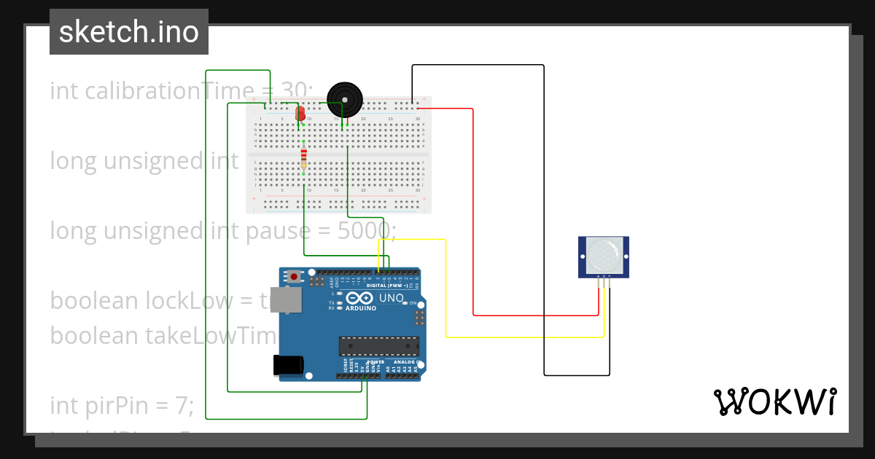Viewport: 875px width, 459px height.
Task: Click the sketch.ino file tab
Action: coord(129,32)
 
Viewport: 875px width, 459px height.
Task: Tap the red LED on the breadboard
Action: coord(300,113)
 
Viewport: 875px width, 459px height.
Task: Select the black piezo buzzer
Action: coord(344,100)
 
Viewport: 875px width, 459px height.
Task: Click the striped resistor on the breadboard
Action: coord(303,158)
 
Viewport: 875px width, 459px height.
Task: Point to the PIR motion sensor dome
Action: coord(603,255)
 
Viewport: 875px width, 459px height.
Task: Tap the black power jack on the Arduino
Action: coord(287,365)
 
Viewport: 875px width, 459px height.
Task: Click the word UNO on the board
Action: coord(392,298)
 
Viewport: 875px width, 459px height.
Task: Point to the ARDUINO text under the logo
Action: coord(361,308)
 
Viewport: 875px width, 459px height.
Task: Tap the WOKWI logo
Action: coord(774,402)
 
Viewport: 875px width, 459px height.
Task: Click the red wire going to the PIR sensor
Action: coord(474,219)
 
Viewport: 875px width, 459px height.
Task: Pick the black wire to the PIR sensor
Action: coord(544,219)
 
